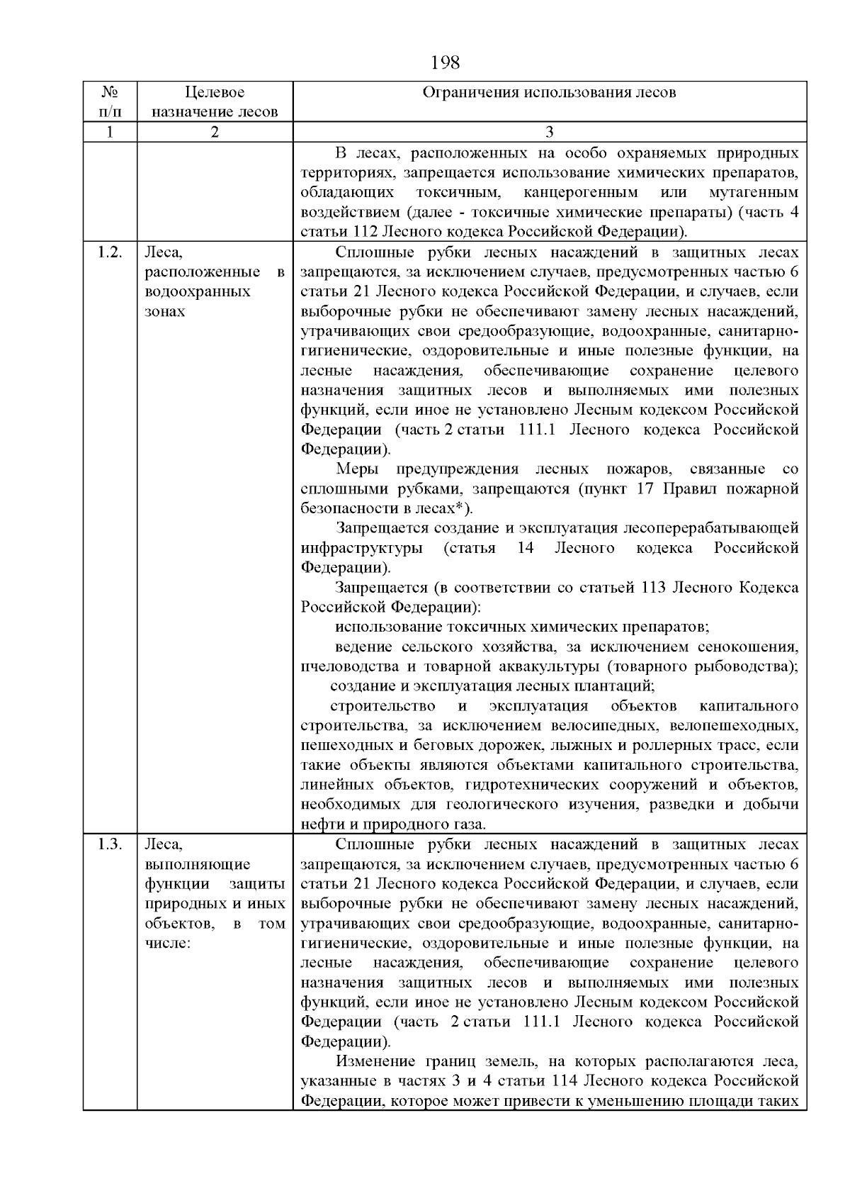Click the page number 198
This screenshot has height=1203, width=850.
[x=445, y=63]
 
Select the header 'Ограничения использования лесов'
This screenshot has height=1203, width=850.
[x=549, y=93]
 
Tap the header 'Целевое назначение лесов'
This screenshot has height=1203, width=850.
[x=215, y=102]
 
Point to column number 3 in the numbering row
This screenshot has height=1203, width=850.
[x=549, y=132]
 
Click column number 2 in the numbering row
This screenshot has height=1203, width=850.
[x=215, y=132]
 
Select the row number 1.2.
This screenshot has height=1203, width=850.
[x=110, y=252]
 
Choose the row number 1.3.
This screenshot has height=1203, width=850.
[x=110, y=844]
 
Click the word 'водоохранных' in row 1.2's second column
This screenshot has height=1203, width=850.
[x=198, y=292]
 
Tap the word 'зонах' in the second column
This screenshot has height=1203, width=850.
[x=165, y=312]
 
